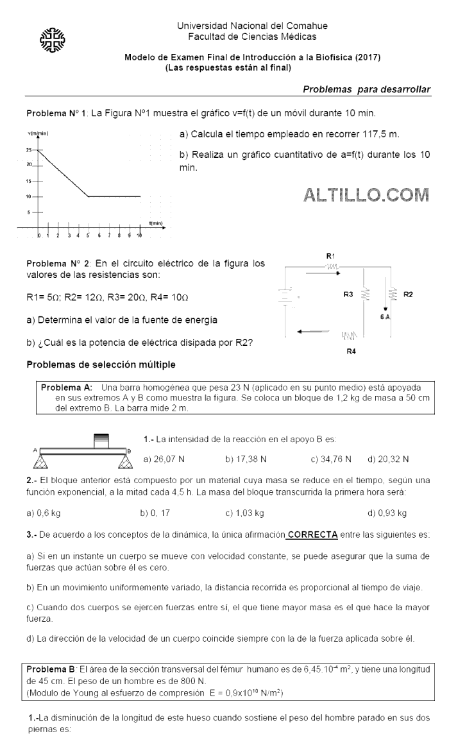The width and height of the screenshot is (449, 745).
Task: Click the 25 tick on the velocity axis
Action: tap(28, 150)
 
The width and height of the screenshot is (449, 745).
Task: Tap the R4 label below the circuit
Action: tap(351, 351)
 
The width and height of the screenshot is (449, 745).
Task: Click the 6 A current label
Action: tap(385, 316)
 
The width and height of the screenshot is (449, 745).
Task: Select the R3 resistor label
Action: tap(348, 295)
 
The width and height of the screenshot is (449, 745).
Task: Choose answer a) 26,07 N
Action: tap(164, 459)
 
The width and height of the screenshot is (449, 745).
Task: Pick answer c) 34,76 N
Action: tap(331, 459)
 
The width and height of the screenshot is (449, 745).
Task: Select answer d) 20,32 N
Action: tap(388, 459)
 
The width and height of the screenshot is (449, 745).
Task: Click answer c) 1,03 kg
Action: tap(244, 513)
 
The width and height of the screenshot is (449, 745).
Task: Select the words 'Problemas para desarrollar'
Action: tap(366, 89)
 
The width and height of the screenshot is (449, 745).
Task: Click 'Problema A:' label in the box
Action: tap(67, 388)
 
